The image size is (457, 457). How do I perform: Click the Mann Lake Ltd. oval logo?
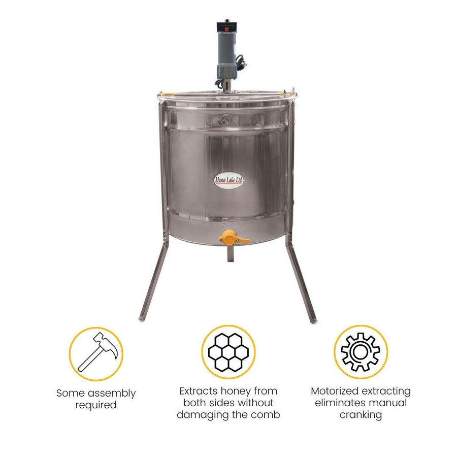[x=228, y=181]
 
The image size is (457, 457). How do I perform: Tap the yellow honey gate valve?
[x=227, y=237]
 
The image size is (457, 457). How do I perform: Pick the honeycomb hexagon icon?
[x=228, y=352]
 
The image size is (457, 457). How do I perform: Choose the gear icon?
[x=361, y=352]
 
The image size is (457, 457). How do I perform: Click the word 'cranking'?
[x=361, y=415]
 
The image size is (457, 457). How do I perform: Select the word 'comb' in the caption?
[x=268, y=415]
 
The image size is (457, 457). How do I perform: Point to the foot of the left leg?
[x=141, y=319]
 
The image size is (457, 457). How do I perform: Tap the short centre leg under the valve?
[x=229, y=254]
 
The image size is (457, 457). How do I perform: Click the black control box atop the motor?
[x=227, y=25]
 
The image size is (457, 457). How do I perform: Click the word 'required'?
[x=96, y=406]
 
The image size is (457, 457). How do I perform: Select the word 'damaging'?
[x=198, y=415]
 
